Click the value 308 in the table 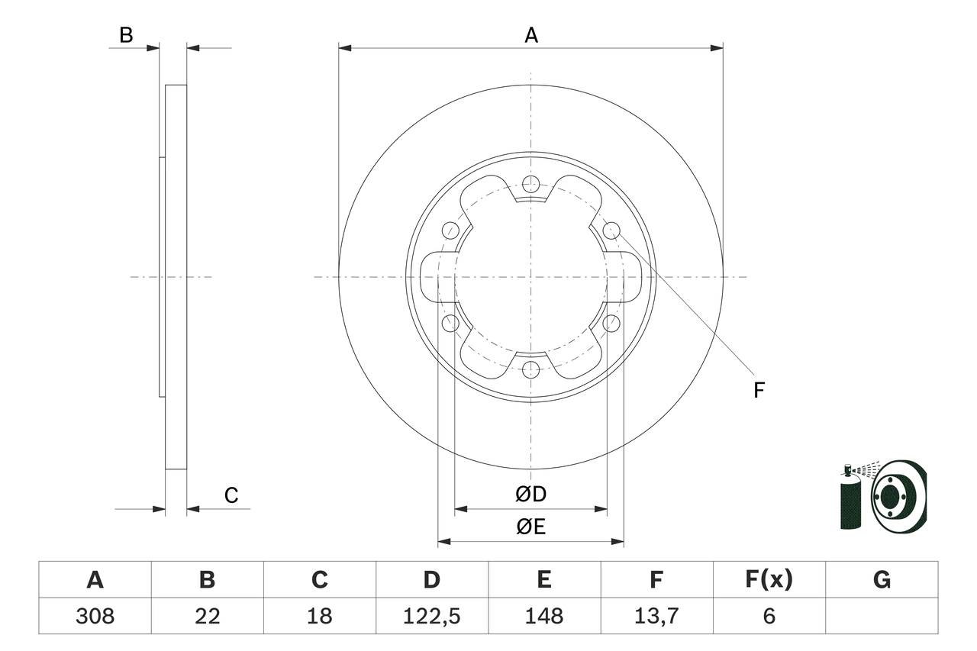tap(95, 616)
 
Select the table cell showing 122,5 tap(432, 616)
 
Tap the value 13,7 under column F tap(656, 616)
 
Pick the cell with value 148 tap(544, 616)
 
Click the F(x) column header tap(769, 580)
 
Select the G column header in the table tap(882, 580)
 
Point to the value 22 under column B tap(207, 616)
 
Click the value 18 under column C tap(320, 616)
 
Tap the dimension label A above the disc tap(531, 35)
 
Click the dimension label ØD tap(531, 495)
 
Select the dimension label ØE tap(531, 527)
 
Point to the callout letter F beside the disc tap(759, 391)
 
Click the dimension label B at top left tap(127, 35)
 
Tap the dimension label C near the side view tap(231, 496)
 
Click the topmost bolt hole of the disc tap(531, 183)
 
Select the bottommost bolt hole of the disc tap(531, 370)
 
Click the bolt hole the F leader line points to tap(611, 230)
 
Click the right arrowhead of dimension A tap(717, 48)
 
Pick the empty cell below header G tap(882, 616)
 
